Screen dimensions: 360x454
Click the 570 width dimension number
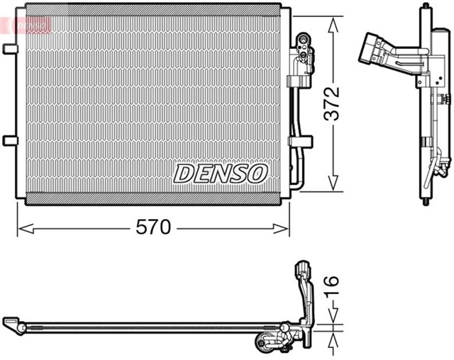153,227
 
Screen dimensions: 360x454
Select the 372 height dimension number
332,104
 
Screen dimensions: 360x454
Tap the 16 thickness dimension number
332,287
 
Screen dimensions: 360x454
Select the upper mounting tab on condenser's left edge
9,49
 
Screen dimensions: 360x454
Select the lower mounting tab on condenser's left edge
9,140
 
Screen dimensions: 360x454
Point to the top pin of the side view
426,7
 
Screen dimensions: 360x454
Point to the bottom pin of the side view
426,203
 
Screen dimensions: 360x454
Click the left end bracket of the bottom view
13,325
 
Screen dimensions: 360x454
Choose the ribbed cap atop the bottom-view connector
300,269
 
